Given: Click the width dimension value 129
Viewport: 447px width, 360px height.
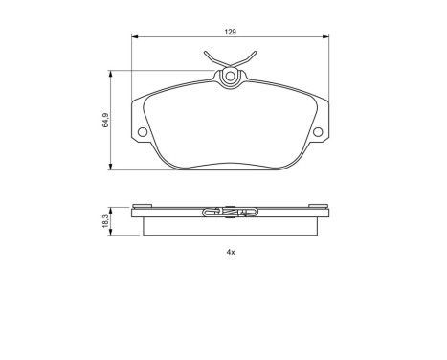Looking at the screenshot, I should click(231, 32).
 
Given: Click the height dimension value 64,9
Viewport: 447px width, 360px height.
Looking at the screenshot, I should click(105, 122).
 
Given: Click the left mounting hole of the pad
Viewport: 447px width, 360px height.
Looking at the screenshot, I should click(142, 131).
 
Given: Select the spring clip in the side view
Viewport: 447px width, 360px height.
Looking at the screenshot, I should click(231, 213).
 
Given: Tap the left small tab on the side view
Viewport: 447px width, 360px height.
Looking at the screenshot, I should click(144, 204).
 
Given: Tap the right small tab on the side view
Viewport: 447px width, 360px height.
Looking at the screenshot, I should click(318, 204).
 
